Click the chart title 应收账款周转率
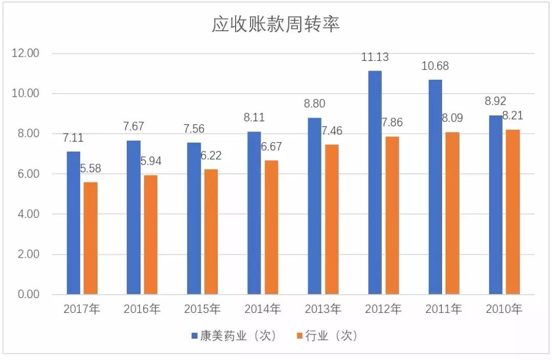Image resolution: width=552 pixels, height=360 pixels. [x=276, y=24]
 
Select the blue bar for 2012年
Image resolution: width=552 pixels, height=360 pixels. [x=375, y=182]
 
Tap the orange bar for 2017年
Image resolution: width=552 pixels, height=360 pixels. [x=90, y=238]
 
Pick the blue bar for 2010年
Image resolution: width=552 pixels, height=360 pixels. [x=495, y=205]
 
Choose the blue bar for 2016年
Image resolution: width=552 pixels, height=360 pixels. [x=133, y=217]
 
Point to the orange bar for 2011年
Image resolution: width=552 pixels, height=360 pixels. [x=452, y=213]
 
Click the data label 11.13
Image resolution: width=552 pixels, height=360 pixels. [x=375, y=57]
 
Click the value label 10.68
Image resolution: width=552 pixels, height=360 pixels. [x=435, y=66]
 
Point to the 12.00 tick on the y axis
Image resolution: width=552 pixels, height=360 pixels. [x=26, y=53]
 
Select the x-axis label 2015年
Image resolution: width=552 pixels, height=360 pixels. [x=202, y=309]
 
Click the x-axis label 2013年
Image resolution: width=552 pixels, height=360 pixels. [x=323, y=309]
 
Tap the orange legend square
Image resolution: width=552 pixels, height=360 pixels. [x=300, y=336]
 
